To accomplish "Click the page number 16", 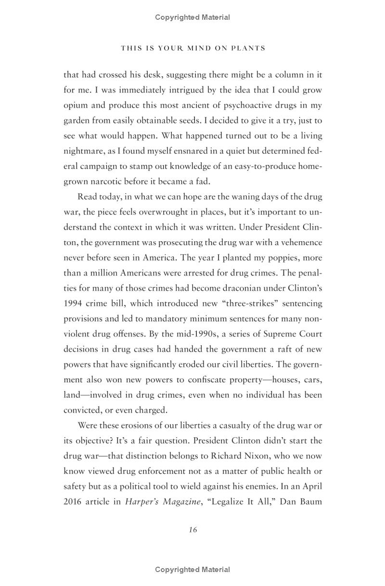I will pyautogui.click(x=192, y=530).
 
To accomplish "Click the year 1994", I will pyautogui.click(x=74, y=303).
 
